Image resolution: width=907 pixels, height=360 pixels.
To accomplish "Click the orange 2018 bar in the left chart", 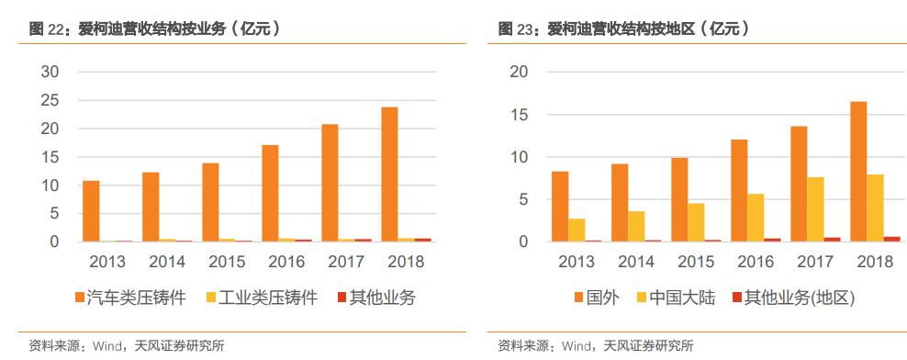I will [x=389, y=174].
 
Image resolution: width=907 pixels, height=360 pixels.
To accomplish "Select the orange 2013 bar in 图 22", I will [x=91, y=211].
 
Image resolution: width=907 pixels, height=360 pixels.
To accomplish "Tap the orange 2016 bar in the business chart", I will [x=270, y=193].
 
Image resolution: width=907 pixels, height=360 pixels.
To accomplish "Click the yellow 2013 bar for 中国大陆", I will [x=577, y=230].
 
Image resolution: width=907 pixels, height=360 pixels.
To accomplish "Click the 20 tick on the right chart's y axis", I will [x=519, y=72].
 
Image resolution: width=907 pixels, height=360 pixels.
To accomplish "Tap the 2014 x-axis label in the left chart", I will [x=168, y=262].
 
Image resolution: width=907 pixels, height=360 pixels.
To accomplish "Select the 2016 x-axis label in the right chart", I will [x=756, y=262].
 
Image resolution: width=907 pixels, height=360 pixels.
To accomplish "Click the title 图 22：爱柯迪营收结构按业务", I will [x=154, y=29].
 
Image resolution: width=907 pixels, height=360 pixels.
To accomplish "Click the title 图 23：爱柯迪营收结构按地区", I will [x=623, y=29].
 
